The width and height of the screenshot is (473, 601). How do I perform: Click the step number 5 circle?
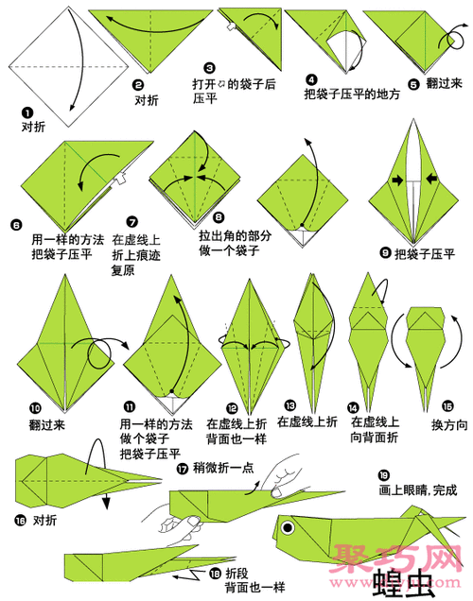pyautogui.click(x=413, y=83)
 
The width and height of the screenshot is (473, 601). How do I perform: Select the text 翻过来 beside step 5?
pyautogui.click(x=443, y=83)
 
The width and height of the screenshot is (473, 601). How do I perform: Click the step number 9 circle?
pyautogui.click(x=384, y=253)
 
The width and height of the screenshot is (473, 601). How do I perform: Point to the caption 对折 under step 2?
pyautogui.click(x=145, y=97)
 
